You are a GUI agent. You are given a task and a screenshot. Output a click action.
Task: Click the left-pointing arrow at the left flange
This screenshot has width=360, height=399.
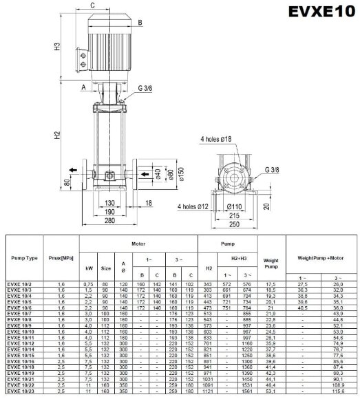click(x=72, y=171)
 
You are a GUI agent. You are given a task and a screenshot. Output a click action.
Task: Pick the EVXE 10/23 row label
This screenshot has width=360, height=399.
click(x=23, y=392)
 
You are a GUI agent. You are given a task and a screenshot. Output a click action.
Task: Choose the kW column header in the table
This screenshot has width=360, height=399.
click(x=89, y=268)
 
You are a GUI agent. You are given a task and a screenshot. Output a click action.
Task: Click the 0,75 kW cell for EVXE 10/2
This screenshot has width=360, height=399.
click(x=89, y=283)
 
